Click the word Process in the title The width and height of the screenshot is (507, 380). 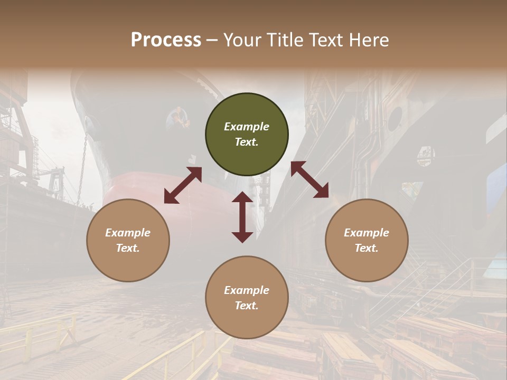pyautogui.click(x=166, y=40)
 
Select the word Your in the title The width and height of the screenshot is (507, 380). pyautogui.click(x=241, y=40)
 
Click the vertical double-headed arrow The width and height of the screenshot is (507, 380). pyautogui.click(x=242, y=217)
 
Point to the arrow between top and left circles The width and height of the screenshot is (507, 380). pyautogui.click(x=183, y=185)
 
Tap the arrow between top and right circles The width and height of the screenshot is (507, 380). pyautogui.click(x=309, y=179)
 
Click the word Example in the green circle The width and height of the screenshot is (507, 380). pyautogui.click(x=247, y=127)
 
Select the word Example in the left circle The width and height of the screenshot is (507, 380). pyautogui.click(x=128, y=233)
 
